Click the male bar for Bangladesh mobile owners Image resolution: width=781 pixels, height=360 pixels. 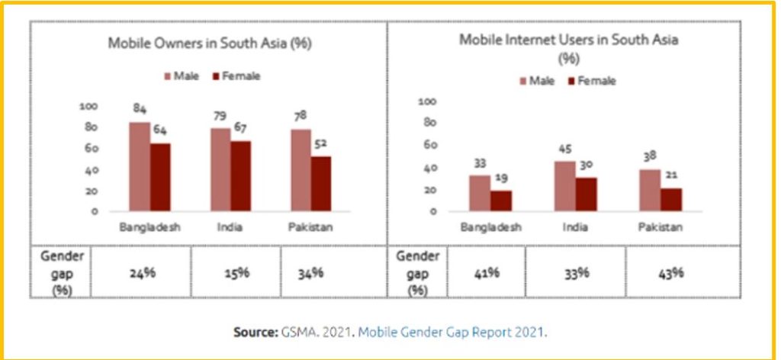(x=140, y=166)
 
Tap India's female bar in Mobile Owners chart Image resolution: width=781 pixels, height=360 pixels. (x=240, y=175)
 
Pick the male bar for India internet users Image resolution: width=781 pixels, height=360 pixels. (x=564, y=186)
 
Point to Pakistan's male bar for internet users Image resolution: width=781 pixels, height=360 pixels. (x=650, y=190)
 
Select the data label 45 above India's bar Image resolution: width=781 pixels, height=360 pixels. (x=564, y=149)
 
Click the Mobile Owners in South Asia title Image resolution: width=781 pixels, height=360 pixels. (x=210, y=43)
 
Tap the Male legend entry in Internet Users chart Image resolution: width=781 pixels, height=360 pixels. (x=537, y=81)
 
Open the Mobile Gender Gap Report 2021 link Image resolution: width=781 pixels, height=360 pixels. (x=452, y=332)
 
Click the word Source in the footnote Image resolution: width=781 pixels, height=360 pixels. (x=257, y=332)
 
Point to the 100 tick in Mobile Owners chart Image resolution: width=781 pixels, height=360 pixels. (x=89, y=106)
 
